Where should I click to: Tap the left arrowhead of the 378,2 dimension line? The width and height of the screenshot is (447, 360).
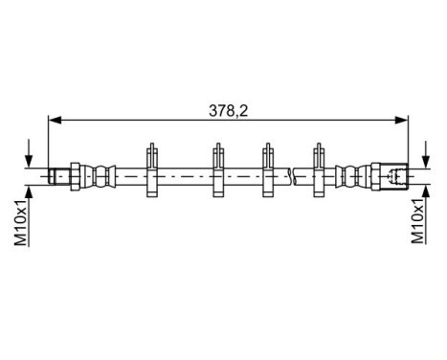[x=54, y=120]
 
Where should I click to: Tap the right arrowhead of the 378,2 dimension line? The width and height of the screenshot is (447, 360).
[x=403, y=120]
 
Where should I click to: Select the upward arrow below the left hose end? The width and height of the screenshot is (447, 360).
[x=31, y=191]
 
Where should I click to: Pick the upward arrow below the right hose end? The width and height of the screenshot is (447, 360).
[x=420, y=191]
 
